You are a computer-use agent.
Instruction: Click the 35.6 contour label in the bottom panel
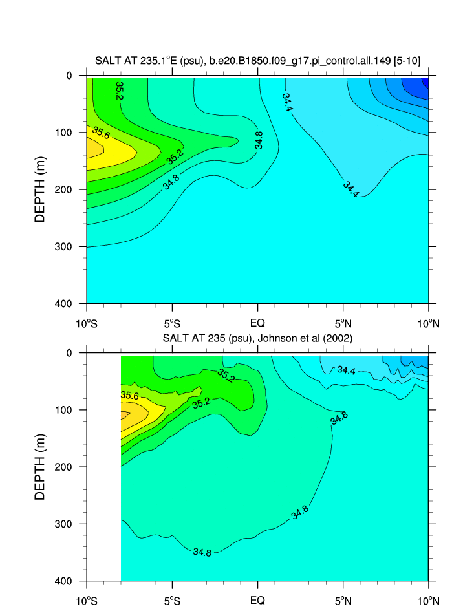(x=130, y=395)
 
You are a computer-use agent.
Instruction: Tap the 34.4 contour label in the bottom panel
(x=346, y=370)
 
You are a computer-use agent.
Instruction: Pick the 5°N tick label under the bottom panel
(x=343, y=601)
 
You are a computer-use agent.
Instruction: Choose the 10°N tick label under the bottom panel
(x=428, y=601)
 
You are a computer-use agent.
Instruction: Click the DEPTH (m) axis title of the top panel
(x=41, y=189)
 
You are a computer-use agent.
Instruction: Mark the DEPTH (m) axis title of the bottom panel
(x=41, y=467)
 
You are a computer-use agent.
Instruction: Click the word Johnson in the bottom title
(x=266, y=338)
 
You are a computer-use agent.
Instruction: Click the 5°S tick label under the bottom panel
(x=172, y=601)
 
